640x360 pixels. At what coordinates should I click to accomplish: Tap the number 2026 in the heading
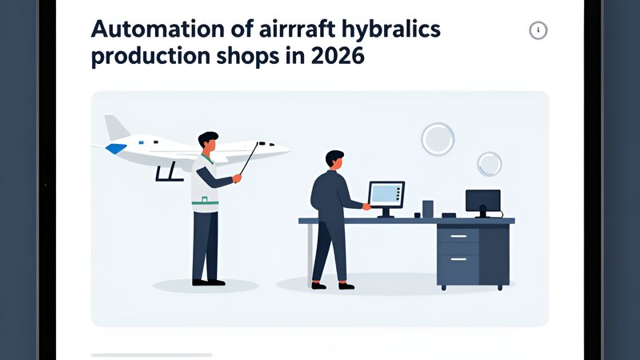click(x=337, y=56)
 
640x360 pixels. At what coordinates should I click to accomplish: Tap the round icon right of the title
click(x=538, y=30)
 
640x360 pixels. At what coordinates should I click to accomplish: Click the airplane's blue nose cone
click(x=115, y=148)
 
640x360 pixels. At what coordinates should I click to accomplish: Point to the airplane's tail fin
click(x=115, y=128)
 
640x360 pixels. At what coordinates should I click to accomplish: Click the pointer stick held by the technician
click(x=249, y=158)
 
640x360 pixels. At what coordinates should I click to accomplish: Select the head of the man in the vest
click(x=209, y=142)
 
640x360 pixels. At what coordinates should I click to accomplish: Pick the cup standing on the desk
click(x=428, y=209)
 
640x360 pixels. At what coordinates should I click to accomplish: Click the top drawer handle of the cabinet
click(x=458, y=236)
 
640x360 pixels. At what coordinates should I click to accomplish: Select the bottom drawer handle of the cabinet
click(x=458, y=259)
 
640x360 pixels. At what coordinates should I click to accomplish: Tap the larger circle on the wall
click(x=438, y=139)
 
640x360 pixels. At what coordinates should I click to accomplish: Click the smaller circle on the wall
click(x=490, y=164)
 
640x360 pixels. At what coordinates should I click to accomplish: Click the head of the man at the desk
click(x=335, y=159)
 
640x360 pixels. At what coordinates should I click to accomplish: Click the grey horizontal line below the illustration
click(x=151, y=355)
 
